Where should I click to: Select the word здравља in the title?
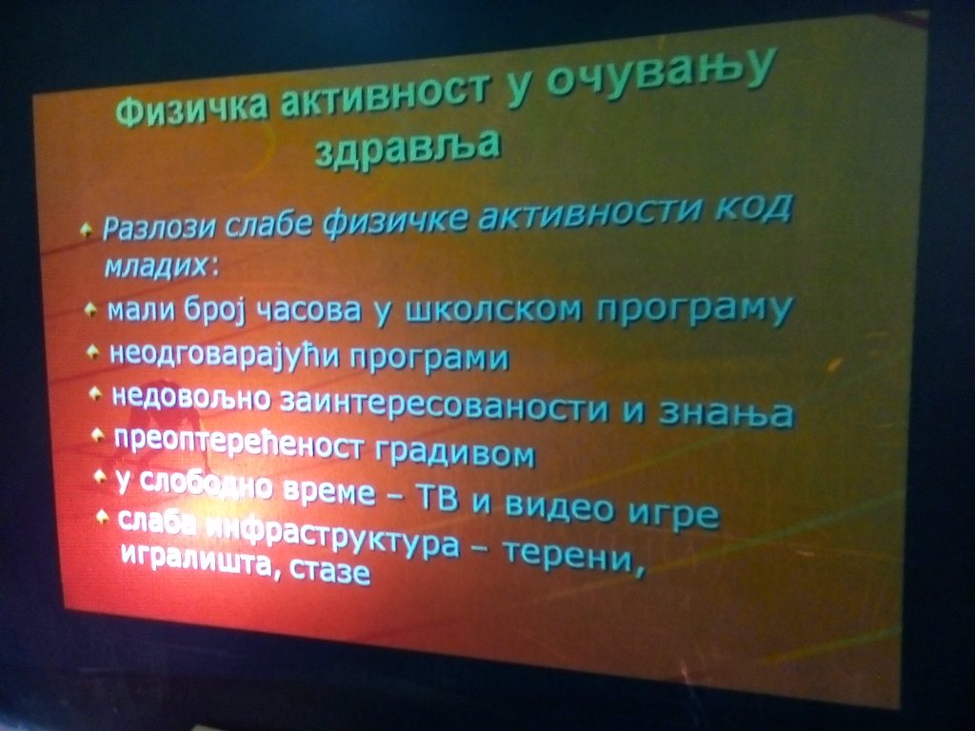tap(408, 147)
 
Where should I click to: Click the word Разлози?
tap(159, 227)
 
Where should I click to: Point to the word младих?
tap(156, 267)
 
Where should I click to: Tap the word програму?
tap(694, 309)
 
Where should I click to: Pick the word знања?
tap(726, 413)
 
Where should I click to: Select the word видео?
tap(559, 506)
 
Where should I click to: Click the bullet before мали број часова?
tap(91, 308)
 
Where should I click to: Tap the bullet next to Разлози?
tap(87, 229)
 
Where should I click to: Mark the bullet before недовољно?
tap(95, 393)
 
